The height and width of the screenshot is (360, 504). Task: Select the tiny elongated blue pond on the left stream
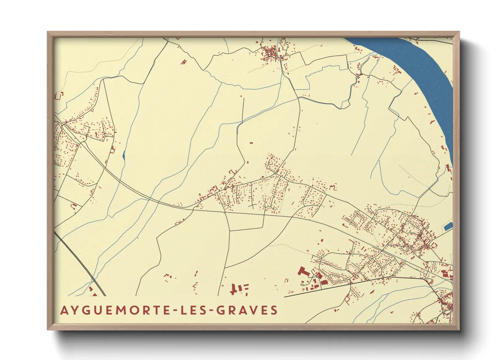pos(124,156)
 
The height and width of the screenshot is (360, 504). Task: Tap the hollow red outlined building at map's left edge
pos(59,96)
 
